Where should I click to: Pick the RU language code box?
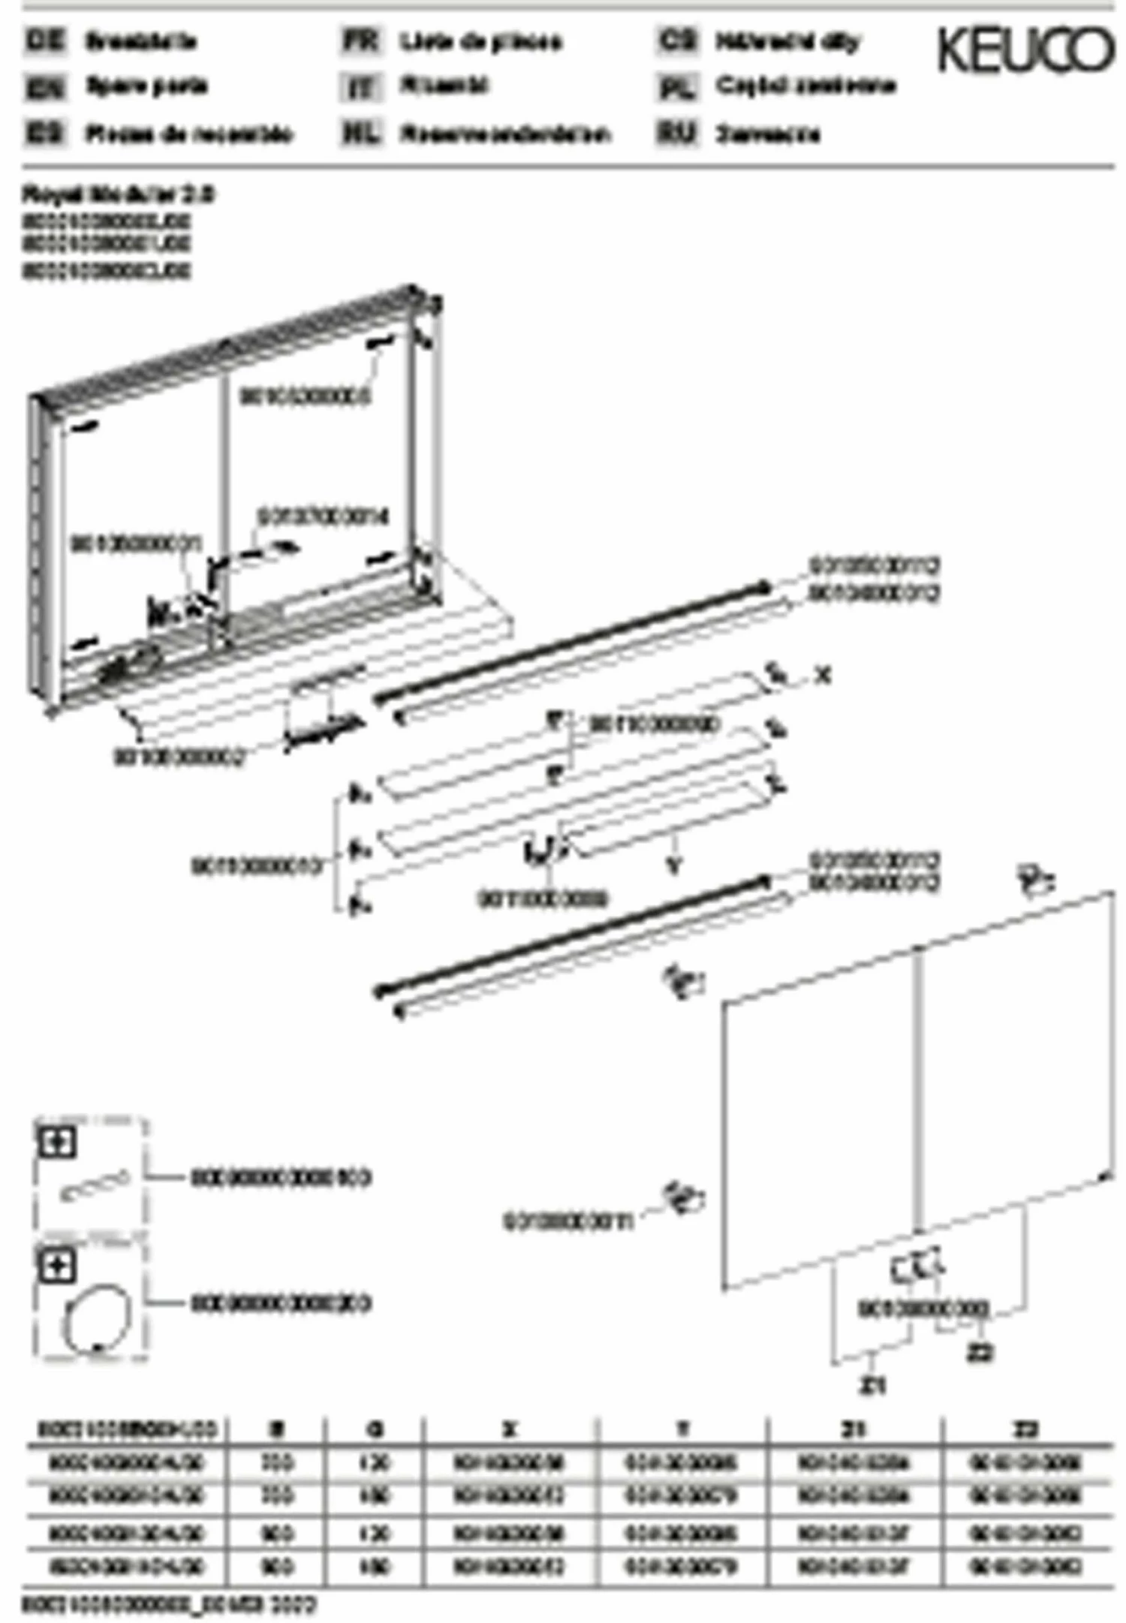[x=676, y=133]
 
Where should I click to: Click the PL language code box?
[x=676, y=86]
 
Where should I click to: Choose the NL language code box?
[x=361, y=133]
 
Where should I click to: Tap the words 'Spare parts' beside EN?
[x=146, y=86]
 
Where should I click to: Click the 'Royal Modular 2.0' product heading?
[x=118, y=194]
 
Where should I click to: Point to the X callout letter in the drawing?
[x=823, y=676]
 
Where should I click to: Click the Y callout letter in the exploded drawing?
[x=673, y=866]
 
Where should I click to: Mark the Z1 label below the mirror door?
[x=872, y=1385]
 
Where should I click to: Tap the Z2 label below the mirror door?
[x=979, y=1352]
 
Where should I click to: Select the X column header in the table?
[x=510, y=1429]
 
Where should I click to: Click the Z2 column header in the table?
[x=1025, y=1429]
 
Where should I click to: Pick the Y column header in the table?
[x=682, y=1429]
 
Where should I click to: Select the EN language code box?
[x=46, y=86]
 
